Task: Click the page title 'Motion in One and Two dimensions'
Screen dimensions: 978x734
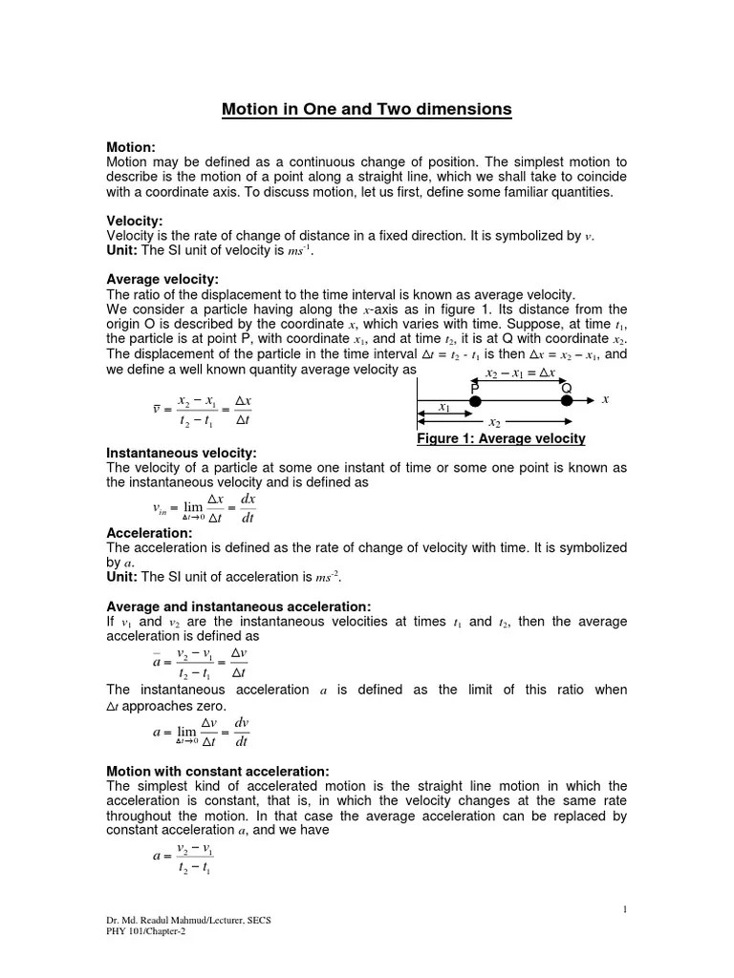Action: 367,110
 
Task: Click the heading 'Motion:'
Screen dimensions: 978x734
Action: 131,147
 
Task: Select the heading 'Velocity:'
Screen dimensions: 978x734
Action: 135,221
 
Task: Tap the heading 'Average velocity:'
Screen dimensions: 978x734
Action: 163,279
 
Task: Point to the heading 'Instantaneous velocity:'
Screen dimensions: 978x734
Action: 182,452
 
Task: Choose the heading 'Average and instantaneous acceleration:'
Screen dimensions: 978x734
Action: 239,606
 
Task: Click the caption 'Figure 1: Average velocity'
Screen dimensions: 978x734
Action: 501,438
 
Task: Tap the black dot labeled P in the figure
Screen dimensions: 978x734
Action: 474,401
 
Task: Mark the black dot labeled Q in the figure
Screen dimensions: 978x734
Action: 566,401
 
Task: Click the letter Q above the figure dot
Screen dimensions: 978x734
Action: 566,387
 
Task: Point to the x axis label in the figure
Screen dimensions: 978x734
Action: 605,399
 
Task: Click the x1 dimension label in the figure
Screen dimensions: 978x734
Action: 444,408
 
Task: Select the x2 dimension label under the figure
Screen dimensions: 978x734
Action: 494,423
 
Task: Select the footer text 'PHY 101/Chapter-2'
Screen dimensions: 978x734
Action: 146,932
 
